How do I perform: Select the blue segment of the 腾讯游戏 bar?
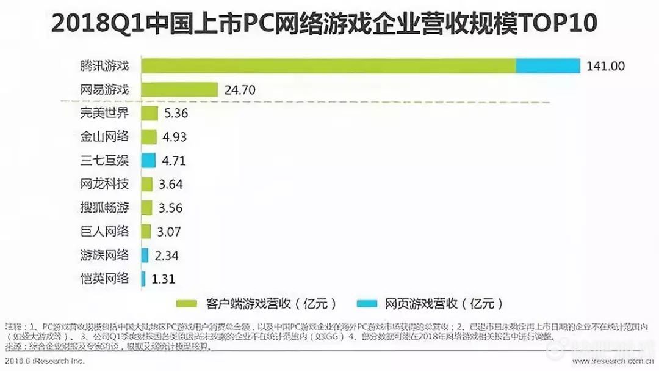pos(548,65)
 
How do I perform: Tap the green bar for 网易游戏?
pos(179,89)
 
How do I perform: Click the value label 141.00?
pos(605,66)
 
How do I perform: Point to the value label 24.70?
pos(239,90)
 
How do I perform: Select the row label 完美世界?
pos(104,113)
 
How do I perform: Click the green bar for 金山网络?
pos(147,136)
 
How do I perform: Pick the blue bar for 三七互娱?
pos(147,160)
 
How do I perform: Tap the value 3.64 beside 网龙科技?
pos(170,184)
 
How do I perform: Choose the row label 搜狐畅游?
pos(104,208)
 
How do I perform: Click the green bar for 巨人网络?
pos(146,231)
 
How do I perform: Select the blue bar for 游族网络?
pos(145,255)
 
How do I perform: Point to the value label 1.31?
pos(163,279)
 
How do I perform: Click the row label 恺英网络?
pos(104,279)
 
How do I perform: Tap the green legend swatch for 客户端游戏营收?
pos(185,303)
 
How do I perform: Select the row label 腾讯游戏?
pos(104,66)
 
